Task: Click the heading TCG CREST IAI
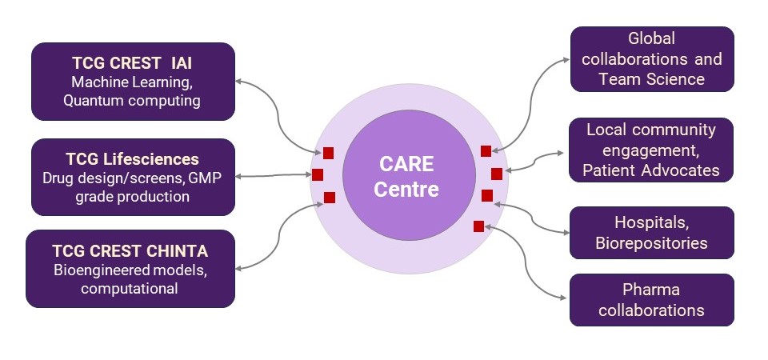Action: click(132, 63)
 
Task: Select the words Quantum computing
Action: click(132, 101)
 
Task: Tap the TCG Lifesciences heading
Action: click(132, 159)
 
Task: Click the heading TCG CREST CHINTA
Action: click(130, 251)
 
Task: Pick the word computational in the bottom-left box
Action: click(130, 289)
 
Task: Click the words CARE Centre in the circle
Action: click(406, 176)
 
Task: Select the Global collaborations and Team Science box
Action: click(652, 58)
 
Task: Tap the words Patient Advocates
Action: click(651, 170)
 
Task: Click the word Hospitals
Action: click(652, 222)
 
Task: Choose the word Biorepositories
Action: click(651, 243)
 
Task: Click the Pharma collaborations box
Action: click(651, 300)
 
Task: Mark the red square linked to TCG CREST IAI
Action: click(328, 153)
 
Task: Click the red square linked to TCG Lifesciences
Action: click(318, 174)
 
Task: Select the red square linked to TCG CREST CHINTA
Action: click(330, 198)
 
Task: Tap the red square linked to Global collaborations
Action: click(486, 151)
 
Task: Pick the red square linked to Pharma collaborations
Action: click(478, 226)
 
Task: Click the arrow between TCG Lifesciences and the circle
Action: click(274, 175)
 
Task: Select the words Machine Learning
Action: click(132, 82)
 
